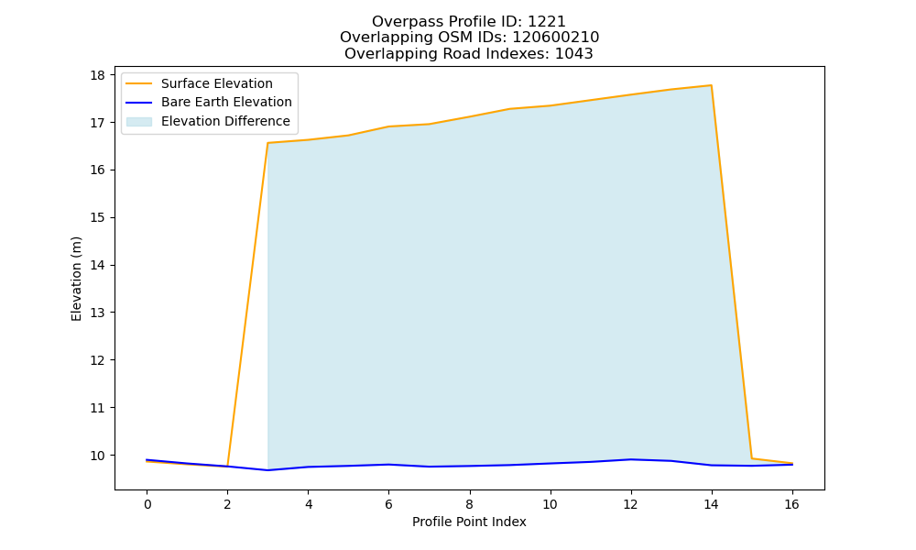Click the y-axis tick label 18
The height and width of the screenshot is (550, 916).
pyautogui.click(x=98, y=75)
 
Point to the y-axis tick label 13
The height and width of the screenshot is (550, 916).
pyautogui.click(x=98, y=313)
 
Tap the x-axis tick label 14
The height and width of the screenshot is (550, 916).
pyautogui.click(x=711, y=504)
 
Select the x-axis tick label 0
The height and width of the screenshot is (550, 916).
pyautogui.click(x=147, y=504)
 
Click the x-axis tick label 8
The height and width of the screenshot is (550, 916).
pyautogui.click(x=469, y=504)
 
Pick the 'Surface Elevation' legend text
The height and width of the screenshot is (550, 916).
pyautogui.click(x=217, y=83)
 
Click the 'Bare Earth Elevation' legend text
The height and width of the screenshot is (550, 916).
pyautogui.click(x=226, y=102)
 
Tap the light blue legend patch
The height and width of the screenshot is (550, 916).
pyautogui.click(x=139, y=121)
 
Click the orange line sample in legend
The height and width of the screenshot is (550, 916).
pyautogui.click(x=139, y=83)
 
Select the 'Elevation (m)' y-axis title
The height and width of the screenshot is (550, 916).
pyautogui.click(x=77, y=279)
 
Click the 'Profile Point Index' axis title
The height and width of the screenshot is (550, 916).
pyautogui.click(x=469, y=522)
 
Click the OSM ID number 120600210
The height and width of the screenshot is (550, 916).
pyautogui.click(x=556, y=38)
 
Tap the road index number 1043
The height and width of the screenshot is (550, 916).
pyautogui.click(x=573, y=54)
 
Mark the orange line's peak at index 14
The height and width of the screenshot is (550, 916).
pyautogui.click(x=711, y=85)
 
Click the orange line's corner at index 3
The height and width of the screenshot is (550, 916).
pyautogui.click(x=267, y=143)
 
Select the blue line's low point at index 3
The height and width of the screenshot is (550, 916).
pyautogui.click(x=267, y=470)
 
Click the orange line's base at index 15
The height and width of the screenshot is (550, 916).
pyautogui.click(x=751, y=458)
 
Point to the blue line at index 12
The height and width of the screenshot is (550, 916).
pyautogui.click(x=630, y=459)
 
